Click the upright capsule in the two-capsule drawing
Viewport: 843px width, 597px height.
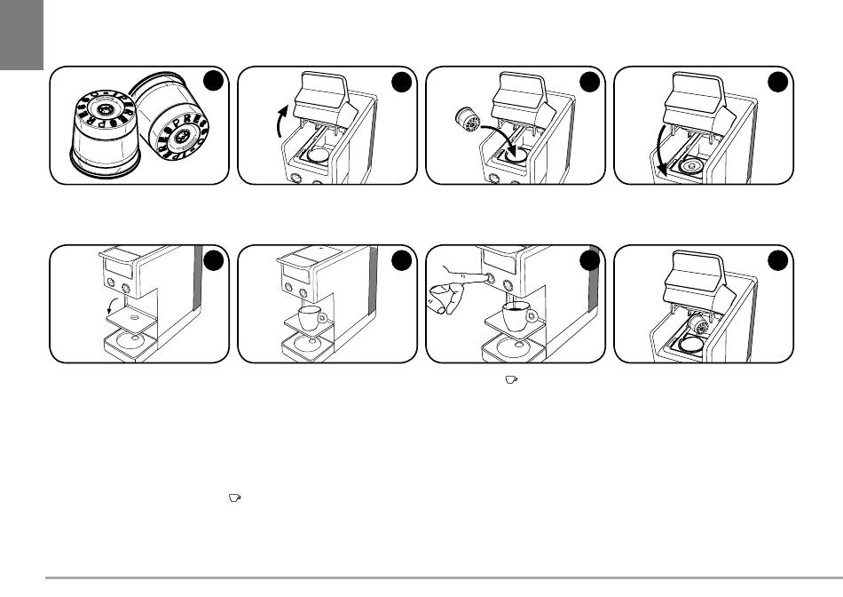pyautogui.click(x=102, y=133)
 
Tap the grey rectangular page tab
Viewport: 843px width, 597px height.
pyautogui.click(x=21, y=36)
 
